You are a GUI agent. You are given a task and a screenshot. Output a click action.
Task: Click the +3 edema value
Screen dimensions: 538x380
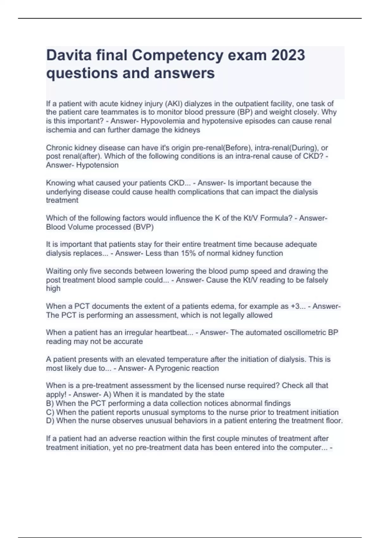[295, 306]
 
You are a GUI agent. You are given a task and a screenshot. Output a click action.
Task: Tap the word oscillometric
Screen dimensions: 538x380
[294, 333]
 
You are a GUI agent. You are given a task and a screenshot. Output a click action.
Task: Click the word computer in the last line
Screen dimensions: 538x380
[306, 448]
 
